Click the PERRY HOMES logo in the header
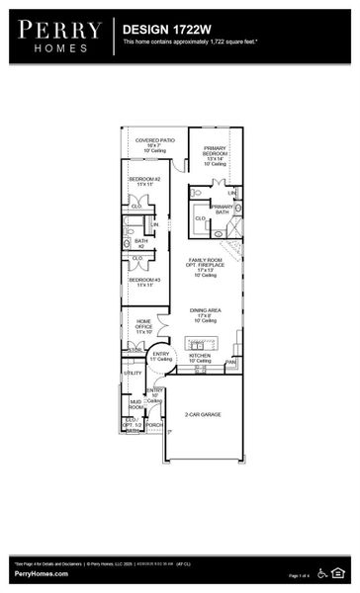56,35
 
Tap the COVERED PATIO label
155,141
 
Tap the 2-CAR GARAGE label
202,414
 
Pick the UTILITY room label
133,373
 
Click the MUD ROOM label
135,403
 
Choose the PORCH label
154,425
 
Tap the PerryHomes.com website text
41,574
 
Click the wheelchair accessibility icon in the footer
328,572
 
